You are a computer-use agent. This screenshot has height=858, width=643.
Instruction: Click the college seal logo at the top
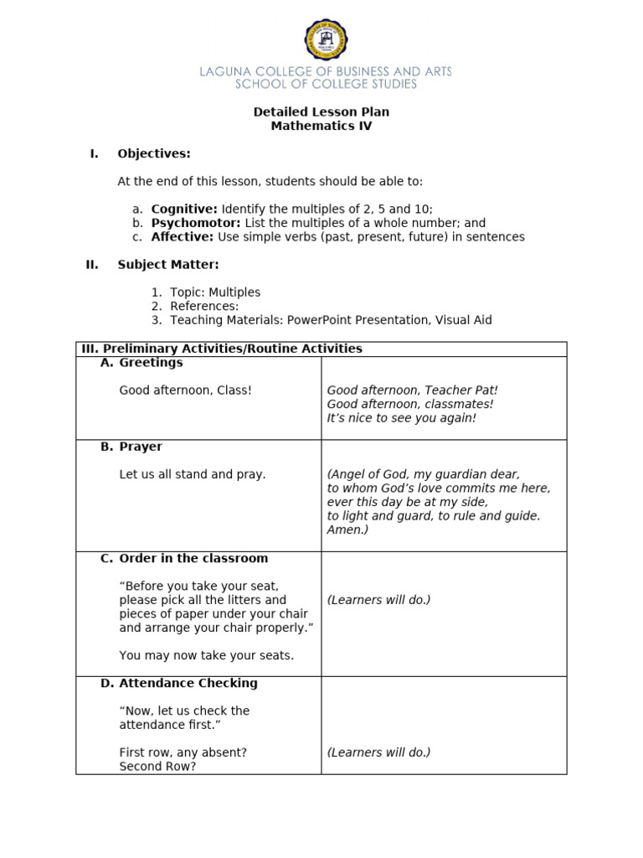pos(325,39)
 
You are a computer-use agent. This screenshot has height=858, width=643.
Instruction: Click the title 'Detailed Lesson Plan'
pos(321,112)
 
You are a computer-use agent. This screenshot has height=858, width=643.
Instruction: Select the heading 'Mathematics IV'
pos(321,127)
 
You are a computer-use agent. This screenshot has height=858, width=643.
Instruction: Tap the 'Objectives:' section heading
pos(154,153)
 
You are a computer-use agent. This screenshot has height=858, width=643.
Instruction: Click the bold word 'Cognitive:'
pos(184,209)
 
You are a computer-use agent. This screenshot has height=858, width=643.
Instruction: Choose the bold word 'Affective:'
pos(183,237)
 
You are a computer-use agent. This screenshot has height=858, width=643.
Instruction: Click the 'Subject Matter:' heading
pos(167,265)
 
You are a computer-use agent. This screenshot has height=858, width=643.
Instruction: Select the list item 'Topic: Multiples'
pos(215,292)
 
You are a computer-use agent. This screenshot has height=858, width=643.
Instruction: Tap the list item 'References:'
pos(204,307)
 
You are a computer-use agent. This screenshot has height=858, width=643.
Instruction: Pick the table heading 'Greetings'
pos(151,363)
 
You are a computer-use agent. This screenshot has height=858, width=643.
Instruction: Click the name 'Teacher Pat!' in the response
pos(461,390)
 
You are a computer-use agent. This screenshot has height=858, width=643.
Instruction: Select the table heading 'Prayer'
pos(141,447)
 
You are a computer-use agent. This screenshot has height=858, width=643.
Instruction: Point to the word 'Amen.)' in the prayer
pos(347,530)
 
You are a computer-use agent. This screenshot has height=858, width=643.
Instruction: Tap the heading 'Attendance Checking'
pos(188,683)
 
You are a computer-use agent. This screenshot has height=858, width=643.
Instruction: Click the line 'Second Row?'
pos(157,766)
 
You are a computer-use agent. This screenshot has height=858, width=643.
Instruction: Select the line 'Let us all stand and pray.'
pos(193,474)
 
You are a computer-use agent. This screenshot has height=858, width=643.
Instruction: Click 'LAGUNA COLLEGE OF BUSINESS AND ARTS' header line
pos(325,72)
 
